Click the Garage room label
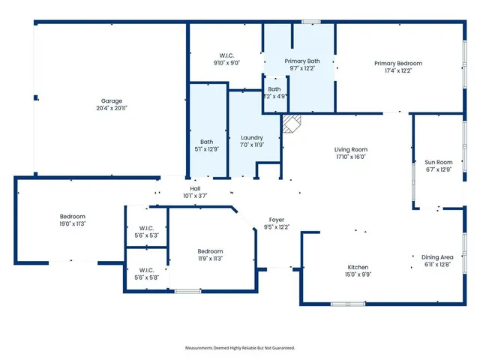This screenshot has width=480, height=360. (112, 100)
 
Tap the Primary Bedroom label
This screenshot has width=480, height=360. (398, 63)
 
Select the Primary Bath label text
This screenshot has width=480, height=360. (302, 60)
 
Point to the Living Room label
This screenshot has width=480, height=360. (350, 149)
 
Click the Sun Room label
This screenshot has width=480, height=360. (439, 162)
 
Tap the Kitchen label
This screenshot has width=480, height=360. (357, 267)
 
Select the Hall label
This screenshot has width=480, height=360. (195, 188)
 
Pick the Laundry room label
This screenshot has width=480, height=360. (251, 138)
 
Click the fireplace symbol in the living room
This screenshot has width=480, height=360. (291, 123)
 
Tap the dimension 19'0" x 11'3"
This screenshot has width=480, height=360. (72, 223)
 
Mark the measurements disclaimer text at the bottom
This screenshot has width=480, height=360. (240, 348)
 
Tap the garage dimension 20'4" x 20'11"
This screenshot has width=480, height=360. (112, 108)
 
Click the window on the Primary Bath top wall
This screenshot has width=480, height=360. (311, 21)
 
